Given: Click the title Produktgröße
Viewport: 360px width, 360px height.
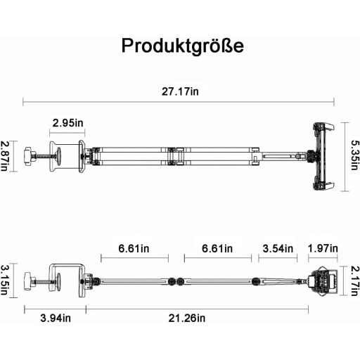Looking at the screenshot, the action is click(x=183, y=46).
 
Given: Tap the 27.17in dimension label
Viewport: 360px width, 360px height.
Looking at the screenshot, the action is click(x=180, y=91).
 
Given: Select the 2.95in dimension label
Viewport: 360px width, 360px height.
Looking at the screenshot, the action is click(x=67, y=123).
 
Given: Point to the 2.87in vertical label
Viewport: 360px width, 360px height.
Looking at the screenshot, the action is click(x=4, y=156).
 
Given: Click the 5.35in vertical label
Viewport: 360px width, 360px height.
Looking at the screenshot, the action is click(x=355, y=155).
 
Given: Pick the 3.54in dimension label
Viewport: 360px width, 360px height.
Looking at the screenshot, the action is click(x=278, y=248).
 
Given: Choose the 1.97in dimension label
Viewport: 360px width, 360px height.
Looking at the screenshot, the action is click(x=323, y=248).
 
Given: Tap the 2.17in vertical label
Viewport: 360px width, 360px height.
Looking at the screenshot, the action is click(x=355, y=281).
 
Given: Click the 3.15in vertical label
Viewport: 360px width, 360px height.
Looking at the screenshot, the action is click(x=4, y=280).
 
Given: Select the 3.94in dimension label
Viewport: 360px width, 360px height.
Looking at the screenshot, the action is click(x=56, y=318).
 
